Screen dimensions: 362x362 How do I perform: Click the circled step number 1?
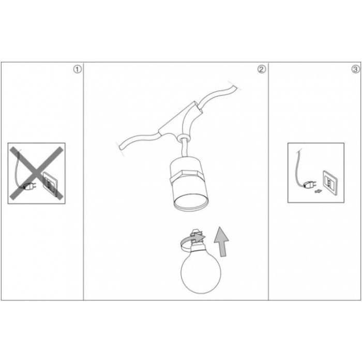tap(78, 69)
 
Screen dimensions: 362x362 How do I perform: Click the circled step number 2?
tap(262, 69)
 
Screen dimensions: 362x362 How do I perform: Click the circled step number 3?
tap(356, 69)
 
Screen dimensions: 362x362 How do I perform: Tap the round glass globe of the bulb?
tap(201, 273)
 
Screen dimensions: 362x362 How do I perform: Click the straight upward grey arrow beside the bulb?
tap(222, 242)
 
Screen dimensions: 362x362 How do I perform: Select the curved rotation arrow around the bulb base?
tap(192, 242)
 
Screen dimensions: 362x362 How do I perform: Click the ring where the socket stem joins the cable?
tap(183, 139)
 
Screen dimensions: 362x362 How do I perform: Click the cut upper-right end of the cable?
tap(234, 86)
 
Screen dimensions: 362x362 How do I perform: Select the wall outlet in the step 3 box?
tap(330, 180)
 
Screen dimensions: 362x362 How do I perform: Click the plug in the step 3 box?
tap(309, 185)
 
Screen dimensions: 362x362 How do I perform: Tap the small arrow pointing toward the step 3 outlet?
tap(319, 191)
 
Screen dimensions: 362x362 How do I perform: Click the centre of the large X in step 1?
tap(37, 173)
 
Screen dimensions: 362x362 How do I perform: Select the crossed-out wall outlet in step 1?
tap(50, 184)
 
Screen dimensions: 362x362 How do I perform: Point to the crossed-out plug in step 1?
tap(29, 186)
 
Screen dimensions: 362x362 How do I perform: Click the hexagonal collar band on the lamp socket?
tap(187, 177)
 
